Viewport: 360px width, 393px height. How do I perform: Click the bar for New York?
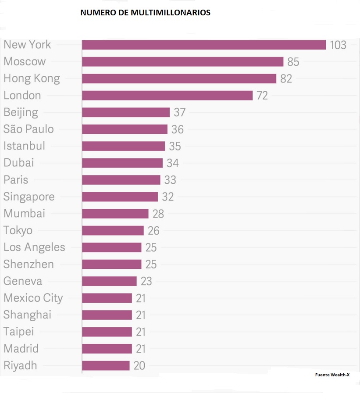click(204, 45)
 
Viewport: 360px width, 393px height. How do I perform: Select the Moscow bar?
click(182, 62)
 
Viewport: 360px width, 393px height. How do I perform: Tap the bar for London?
click(167, 96)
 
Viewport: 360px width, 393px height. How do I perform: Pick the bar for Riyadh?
click(106, 365)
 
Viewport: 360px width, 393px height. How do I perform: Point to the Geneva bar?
click(109, 281)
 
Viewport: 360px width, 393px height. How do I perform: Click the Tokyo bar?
click(113, 230)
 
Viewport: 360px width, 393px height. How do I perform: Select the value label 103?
click(338, 45)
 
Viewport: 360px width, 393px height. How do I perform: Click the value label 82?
click(286, 79)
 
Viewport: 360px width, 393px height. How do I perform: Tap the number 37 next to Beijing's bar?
click(179, 112)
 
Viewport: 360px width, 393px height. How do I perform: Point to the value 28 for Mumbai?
click(158, 214)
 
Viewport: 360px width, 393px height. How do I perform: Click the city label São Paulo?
click(29, 129)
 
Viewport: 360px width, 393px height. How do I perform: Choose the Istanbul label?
click(24, 146)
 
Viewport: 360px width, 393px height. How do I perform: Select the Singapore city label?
click(29, 197)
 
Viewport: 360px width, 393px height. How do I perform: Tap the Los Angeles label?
click(34, 247)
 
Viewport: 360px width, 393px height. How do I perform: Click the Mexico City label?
click(33, 298)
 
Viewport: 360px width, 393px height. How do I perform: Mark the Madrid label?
click(21, 349)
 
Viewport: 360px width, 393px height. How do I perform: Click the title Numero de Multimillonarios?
click(145, 13)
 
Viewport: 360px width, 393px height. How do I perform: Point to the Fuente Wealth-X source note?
click(332, 375)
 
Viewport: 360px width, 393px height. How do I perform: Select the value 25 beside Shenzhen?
click(151, 264)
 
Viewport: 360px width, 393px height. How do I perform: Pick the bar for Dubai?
click(122, 163)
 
